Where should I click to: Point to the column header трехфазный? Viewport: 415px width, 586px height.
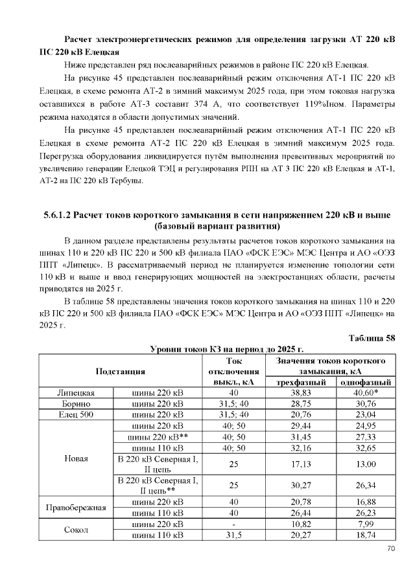[x=300, y=382]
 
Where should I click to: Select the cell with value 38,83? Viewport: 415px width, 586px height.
[x=300, y=392]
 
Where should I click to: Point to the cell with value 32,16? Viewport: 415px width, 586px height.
[x=300, y=447]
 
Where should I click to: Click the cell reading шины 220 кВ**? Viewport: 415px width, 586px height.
[x=158, y=436]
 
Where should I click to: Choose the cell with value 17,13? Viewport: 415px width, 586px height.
[x=300, y=464]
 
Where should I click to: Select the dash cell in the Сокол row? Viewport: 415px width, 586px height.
[x=233, y=523]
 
